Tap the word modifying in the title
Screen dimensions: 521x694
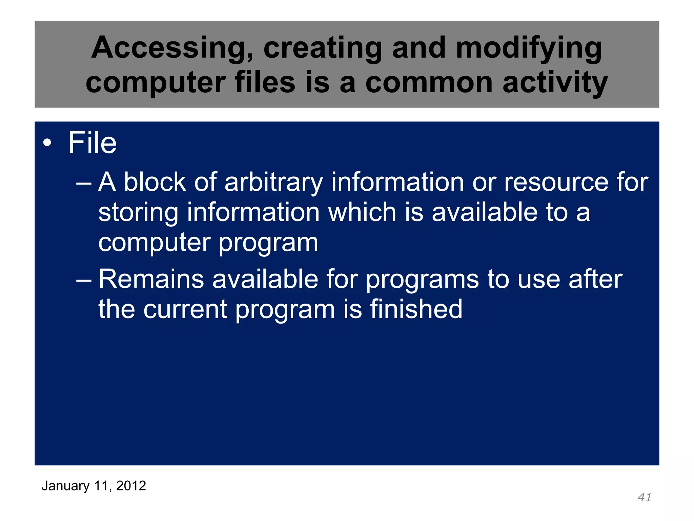tap(529, 49)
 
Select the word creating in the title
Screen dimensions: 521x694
tap(323, 49)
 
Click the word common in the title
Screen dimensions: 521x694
tap(429, 83)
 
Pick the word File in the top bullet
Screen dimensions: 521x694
tap(92, 143)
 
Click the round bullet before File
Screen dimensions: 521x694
tap(47, 143)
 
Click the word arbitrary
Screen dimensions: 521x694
tap(273, 182)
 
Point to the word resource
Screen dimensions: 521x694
tap(556, 182)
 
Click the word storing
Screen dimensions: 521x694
tap(138, 213)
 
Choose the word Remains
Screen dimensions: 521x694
tap(151, 279)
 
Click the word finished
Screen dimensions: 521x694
tap(416, 309)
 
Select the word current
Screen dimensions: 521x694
tap(185, 310)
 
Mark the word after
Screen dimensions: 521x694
tap(595, 279)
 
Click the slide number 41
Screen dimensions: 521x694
tap(644, 497)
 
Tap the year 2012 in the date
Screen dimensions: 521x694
tap(131, 486)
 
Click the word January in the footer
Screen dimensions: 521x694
tap(65, 486)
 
